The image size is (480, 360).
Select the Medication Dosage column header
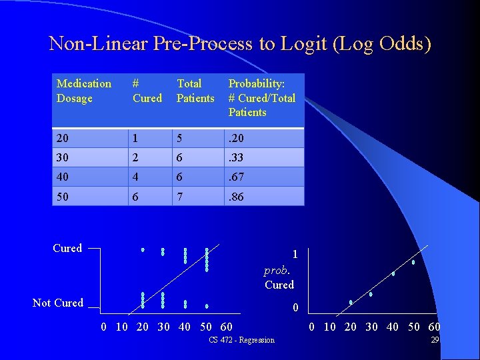(83, 91)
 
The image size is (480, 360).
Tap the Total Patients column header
(195, 91)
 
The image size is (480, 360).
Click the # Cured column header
(147, 91)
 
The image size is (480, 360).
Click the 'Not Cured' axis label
(58, 303)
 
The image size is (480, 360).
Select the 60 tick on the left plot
(226, 327)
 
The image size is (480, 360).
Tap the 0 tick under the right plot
(312, 327)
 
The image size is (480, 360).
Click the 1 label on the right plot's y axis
(295, 255)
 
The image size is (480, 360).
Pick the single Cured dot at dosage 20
(143, 250)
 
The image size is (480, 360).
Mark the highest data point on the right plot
(413, 262)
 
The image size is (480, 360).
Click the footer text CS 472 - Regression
(241, 341)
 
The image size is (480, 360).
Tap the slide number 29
(435, 340)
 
